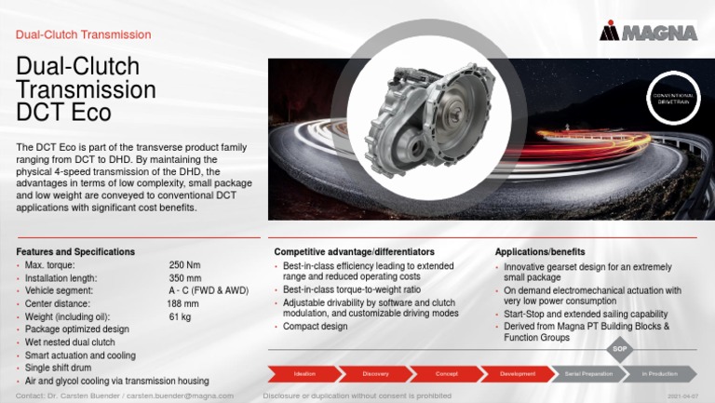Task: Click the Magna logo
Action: coord(648,32)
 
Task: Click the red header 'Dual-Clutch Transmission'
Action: coord(84,34)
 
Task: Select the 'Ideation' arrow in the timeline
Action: coord(304,373)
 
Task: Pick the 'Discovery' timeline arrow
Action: coord(375,373)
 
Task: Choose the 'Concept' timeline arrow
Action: coord(446,373)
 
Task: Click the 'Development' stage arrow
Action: coord(518,373)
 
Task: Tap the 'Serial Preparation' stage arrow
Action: coord(588,373)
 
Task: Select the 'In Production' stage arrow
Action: coord(660,373)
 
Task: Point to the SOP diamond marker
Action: coord(621,349)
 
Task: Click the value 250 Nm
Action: coord(184,265)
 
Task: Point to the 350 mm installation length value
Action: coord(185,278)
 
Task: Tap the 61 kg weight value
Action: coord(180,316)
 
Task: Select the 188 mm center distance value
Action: coord(182,303)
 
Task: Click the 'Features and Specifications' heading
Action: coord(75,252)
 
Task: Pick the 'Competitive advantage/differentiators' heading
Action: coord(354,252)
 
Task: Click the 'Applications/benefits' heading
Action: coord(540,252)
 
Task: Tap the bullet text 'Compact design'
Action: coord(315,327)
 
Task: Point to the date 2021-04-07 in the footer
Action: coord(682,396)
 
